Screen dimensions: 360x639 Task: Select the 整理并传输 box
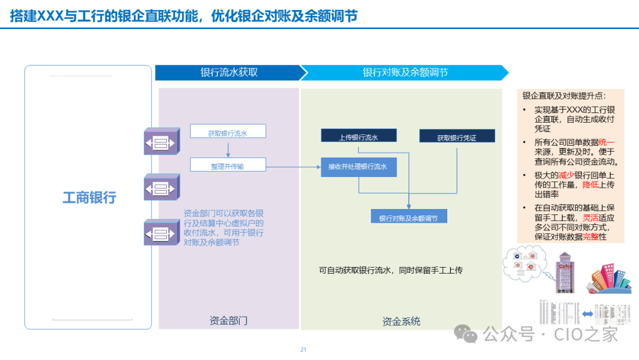pyautogui.click(x=228, y=165)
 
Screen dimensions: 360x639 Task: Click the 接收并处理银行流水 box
pyautogui.click(x=359, y=167)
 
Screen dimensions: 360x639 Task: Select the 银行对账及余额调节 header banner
pyautogui.click(x=405, y=73)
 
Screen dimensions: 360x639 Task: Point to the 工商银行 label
pyautogui.click(x=89, y=197)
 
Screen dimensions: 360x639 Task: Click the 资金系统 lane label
pyautogui.click(x=401, y=322)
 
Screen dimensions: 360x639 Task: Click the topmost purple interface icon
pyautogui.click(x=161, y=142)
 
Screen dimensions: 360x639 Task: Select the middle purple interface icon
pyautogui.click(x=161, y=188)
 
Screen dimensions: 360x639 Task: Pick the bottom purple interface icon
pyautogui.click(x=161, y=232)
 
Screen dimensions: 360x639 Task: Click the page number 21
pyautogui.click(x=304, y=349)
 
